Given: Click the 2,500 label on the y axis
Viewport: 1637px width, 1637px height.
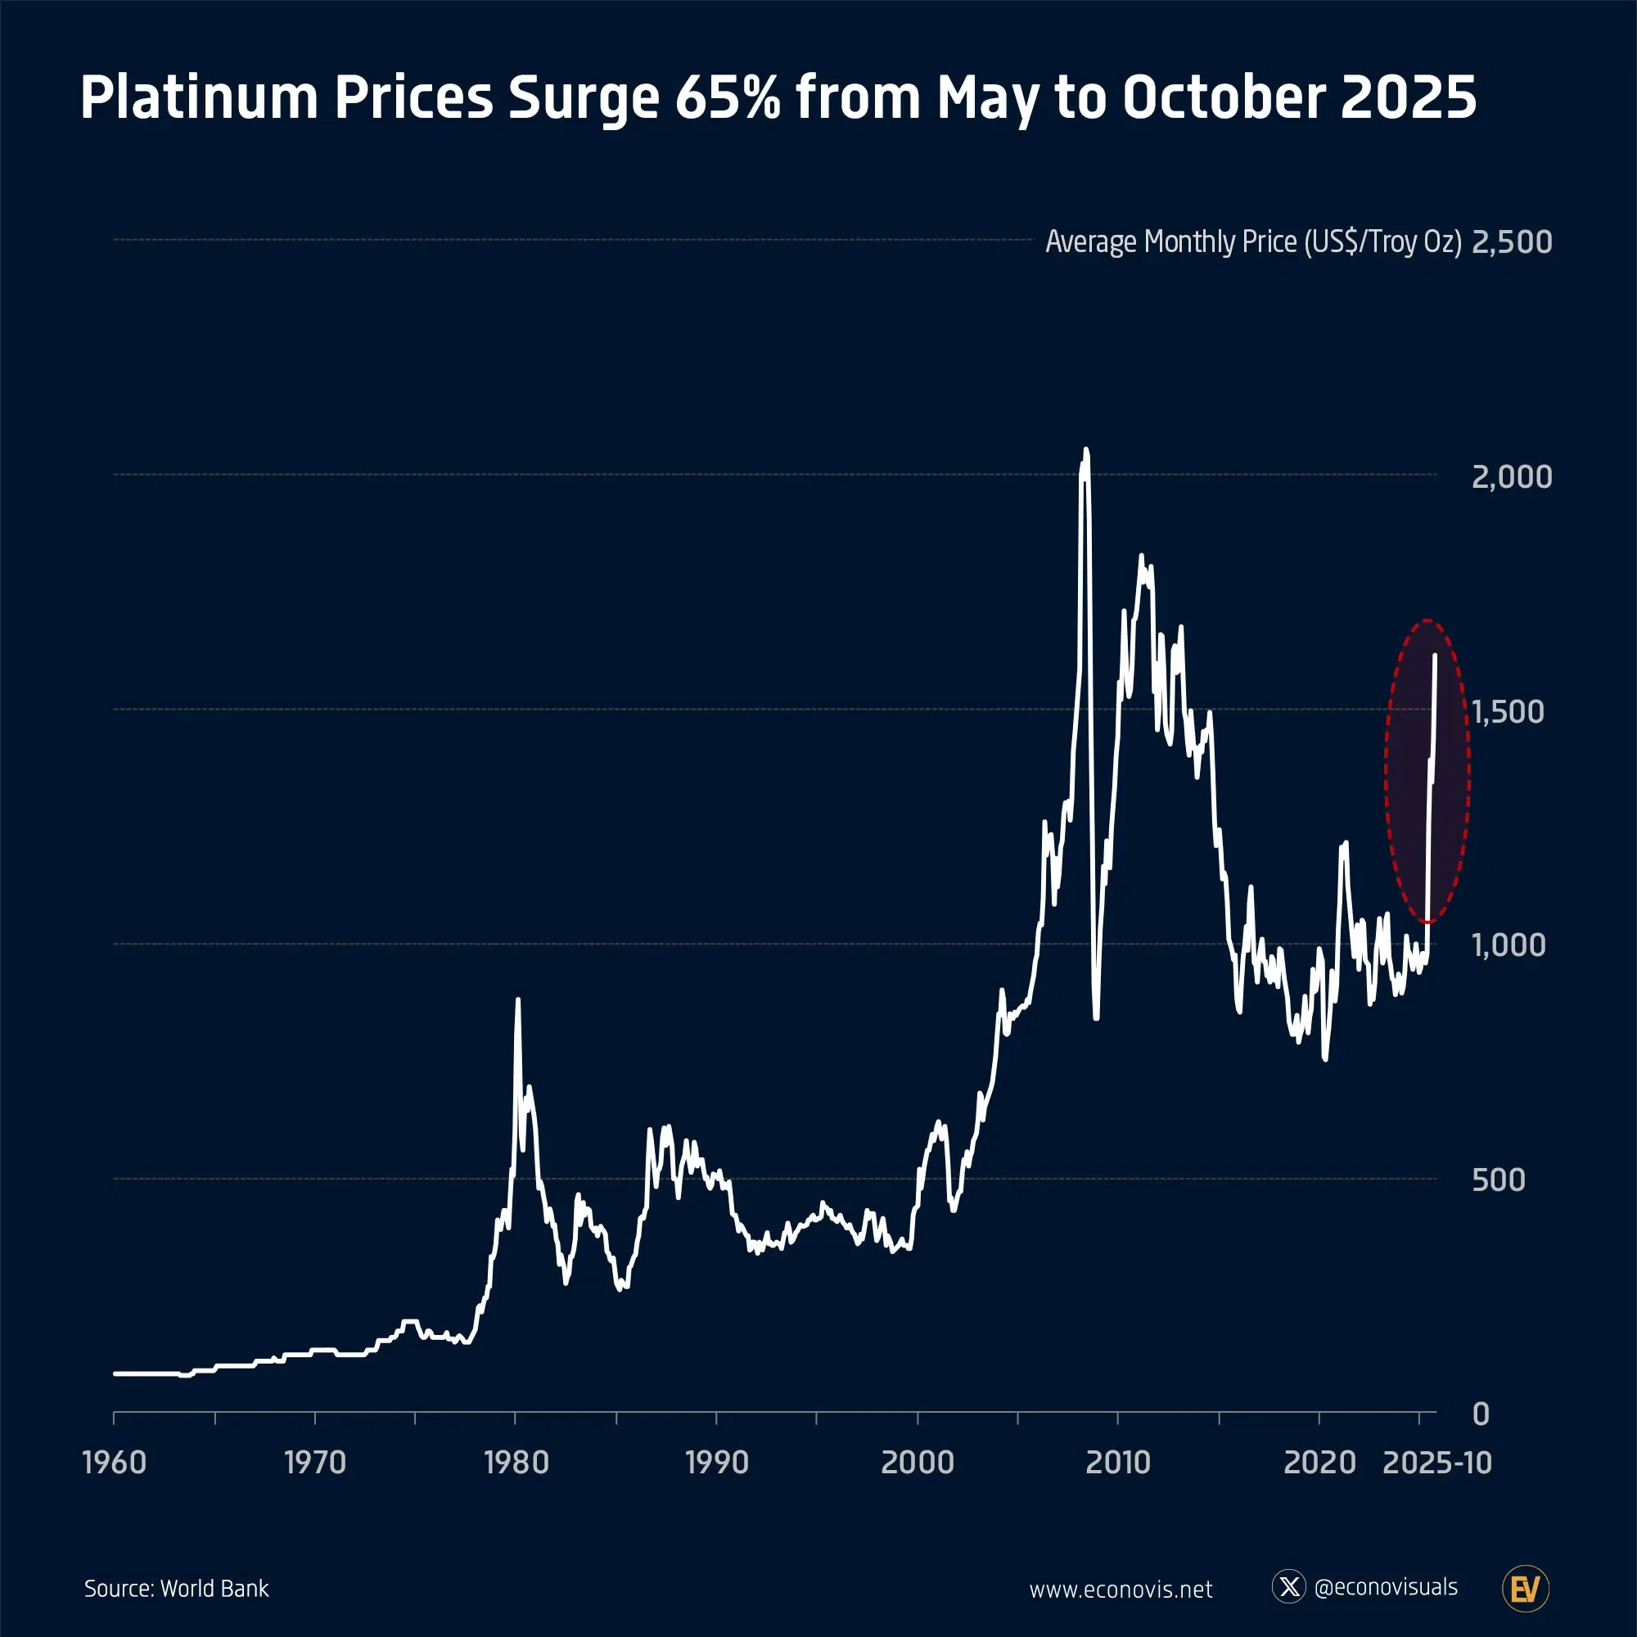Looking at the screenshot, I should pos(1512,242).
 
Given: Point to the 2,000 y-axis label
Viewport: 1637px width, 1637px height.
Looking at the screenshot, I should pos(1512,477).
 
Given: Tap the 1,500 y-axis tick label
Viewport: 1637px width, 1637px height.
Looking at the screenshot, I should pos(1508,712).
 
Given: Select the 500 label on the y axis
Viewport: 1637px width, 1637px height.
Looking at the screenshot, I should pos(1498,1180).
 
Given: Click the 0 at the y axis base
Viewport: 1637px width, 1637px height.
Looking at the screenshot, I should pos(1481,1414).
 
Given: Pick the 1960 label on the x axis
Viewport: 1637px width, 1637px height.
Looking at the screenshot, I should pos(115,1463).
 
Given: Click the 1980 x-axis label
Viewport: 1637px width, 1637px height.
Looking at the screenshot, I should pos(516,1463).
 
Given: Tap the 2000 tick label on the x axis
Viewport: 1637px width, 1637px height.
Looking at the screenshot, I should pos(918,1463).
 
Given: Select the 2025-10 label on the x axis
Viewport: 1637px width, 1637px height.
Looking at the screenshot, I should pos(1437,1463).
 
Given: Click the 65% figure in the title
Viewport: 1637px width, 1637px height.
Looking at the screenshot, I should pos(727,97).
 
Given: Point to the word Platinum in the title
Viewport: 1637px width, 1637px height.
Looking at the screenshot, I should pos(199,97).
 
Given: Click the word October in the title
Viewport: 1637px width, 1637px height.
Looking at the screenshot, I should pos(1223,97).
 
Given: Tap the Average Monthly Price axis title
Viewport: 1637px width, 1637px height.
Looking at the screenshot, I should pos(1253,242).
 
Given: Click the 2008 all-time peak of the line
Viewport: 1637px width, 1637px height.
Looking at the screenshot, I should pos(1086,450).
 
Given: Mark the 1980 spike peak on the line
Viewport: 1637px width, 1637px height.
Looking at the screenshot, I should pos(518,1000).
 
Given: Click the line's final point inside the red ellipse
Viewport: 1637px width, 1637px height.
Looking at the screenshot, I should pos(1435,655).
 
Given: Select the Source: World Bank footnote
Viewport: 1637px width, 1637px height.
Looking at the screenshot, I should pos(176,1589).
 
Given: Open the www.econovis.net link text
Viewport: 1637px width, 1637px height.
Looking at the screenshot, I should pos(1121,1590).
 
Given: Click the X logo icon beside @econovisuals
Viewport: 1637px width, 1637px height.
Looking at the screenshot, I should pos(1289,1586).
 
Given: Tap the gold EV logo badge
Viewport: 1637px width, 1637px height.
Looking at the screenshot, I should pos(1525,1589).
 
